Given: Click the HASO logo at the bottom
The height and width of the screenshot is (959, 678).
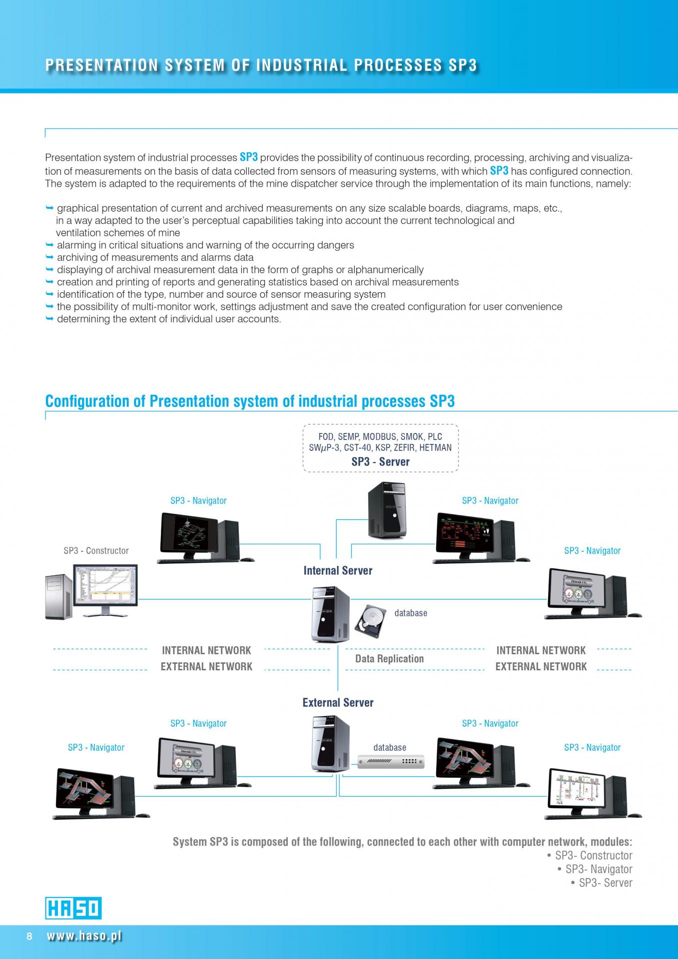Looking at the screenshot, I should pyautogui.click(x=73, y=908).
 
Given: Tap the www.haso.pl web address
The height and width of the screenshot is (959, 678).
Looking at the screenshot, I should pyautogui.click(x=84, y=936).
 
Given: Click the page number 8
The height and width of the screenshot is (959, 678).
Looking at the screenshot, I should pyautogui.click(x=29, y=936).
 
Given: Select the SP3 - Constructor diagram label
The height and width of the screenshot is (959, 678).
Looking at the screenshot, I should pyautogui.click(x=96, y=550).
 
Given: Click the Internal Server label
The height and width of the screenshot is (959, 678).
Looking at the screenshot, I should pyautogui.click(x=338, y=570).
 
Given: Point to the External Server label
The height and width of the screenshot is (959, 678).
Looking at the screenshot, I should pyautogui.click(x=338, y=702).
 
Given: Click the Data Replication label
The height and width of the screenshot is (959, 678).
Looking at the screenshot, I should pyautogui.click(x=389, y=659).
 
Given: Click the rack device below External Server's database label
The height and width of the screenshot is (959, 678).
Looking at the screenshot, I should pyautogui.click(x=391, y=762).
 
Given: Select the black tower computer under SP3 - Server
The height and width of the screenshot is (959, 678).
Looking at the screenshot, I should pyautogui.click(x=387, y=509).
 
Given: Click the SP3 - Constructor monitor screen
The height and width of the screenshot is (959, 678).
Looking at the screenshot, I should pyautogui.click(x=105, y=585).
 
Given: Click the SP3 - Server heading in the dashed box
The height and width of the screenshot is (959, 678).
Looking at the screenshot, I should pyautogui.click(x=380, y=462).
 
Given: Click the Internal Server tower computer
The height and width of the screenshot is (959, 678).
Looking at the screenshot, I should pyautogui.click(x=330, y=614).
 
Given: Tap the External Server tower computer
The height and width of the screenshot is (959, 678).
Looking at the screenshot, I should pyautogui.click(x=330, y=744).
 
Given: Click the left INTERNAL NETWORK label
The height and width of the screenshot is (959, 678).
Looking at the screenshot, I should pyautogui.click(x=206, y=650).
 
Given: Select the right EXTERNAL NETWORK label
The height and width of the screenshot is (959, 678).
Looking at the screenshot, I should pyautogui.click(x=541, y=666).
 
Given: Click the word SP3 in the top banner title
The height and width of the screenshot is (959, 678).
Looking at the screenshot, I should pyautogui.click(x=462, y=65).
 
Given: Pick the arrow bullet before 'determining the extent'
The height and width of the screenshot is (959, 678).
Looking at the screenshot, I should pyautogui.click(x=49, y=319).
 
